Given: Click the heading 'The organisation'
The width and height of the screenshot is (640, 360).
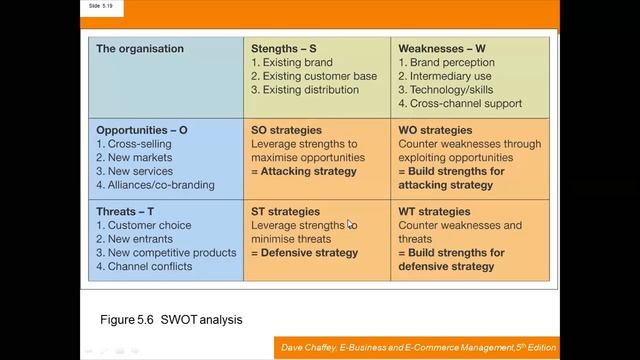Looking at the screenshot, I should (x=140, y=48).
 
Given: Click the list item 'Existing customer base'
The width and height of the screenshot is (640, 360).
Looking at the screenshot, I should (x=314, y=76).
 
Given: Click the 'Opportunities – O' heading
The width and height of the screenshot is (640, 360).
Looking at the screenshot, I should (x=151, y=130).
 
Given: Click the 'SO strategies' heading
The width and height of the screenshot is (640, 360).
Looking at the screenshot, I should (x=285, y=130).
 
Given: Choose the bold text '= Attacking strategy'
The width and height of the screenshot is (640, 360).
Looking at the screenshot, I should (x=303, y=171).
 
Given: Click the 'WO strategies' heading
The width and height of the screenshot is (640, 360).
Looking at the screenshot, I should (x=436, y=130).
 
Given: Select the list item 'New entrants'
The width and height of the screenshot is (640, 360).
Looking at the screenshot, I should (x=140, y=239).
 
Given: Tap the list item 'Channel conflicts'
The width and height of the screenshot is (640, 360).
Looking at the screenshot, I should (x=151, y=267).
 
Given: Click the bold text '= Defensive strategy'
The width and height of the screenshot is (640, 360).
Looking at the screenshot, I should (x=304, y=253).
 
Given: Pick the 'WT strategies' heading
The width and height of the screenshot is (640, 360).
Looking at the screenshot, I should (x=434, y=212).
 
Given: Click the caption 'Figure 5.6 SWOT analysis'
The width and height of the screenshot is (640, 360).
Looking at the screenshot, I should (x=171, y=319).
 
